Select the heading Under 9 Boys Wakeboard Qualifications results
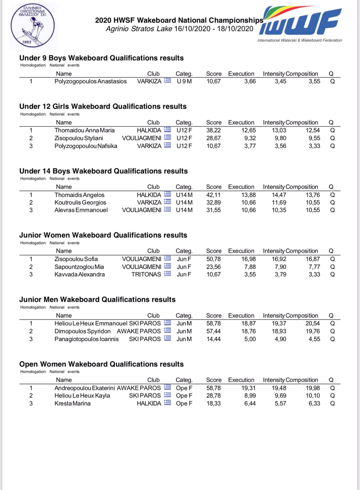coord(101,58)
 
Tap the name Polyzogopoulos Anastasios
coord(90,81)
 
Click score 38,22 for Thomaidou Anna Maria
coord(213,130)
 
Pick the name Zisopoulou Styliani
coord(79,138)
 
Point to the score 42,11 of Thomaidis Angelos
coord(213,195)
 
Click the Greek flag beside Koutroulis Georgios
coord(167,202)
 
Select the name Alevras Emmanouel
coord(81,210)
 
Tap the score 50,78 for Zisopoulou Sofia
coord(213,259)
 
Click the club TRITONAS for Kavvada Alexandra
coord(146,274)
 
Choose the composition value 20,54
coord(313,323)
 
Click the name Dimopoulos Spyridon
coord(82,331)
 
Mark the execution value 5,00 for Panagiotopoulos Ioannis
coord(250,339)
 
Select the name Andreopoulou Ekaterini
coord(84,388)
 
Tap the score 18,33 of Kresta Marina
coord(213,403)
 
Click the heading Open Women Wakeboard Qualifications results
coord(101,364)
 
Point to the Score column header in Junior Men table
coord(214,315)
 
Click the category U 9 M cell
coord(184,81)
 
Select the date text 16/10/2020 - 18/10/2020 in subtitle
coord(214,29)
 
